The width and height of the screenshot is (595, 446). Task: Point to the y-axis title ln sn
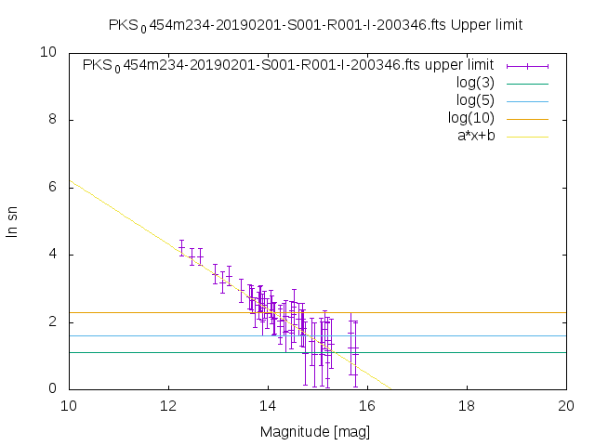click(13, 221)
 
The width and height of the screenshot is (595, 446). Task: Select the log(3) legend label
click(475, 83)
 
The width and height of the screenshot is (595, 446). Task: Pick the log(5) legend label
click(475, 100)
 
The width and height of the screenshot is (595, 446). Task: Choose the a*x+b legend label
click(474, 136)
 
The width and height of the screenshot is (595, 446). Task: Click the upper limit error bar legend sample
click(527, 65)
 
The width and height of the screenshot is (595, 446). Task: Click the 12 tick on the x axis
click(168, 407)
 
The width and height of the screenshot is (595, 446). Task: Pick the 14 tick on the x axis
click(268, 407)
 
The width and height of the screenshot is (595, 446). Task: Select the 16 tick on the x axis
click(367, 407)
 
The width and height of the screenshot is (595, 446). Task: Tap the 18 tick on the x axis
click(468, 407)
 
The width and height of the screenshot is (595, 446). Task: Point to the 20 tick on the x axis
click(567, 407)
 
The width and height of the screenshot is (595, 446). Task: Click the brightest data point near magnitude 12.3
click(181, 247)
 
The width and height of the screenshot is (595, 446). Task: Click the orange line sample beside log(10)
click(527, 118)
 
